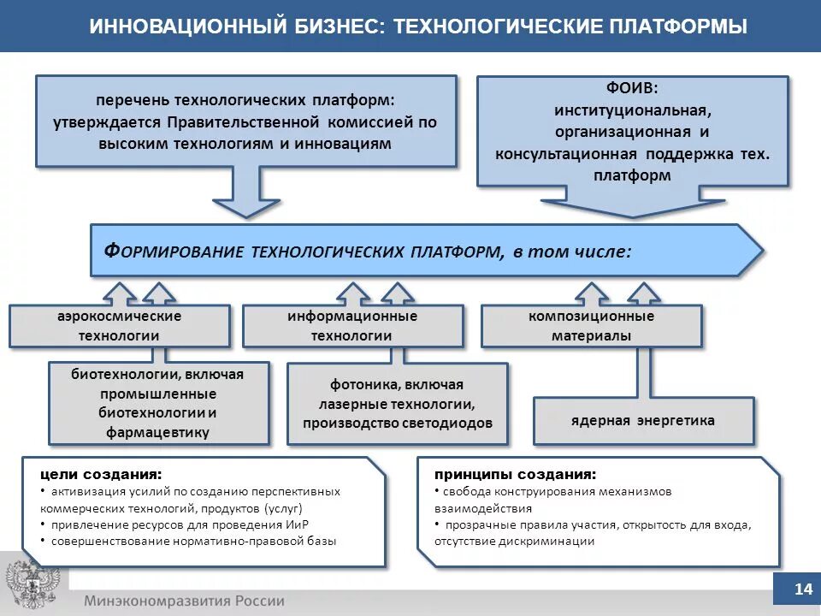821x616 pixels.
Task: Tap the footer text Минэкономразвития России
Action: (x=184, y=600)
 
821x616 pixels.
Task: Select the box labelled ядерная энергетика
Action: (x=643, y=420)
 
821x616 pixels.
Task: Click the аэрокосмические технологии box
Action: (x=119, y=326)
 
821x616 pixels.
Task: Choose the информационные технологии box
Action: (x=351, y=326)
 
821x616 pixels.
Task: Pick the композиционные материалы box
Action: (x=591, y=326)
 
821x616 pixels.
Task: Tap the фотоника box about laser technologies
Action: (x=397, y=404)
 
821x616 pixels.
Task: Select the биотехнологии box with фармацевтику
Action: (x=158, y=402)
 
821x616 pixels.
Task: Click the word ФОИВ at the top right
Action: (x=631, y=88)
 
